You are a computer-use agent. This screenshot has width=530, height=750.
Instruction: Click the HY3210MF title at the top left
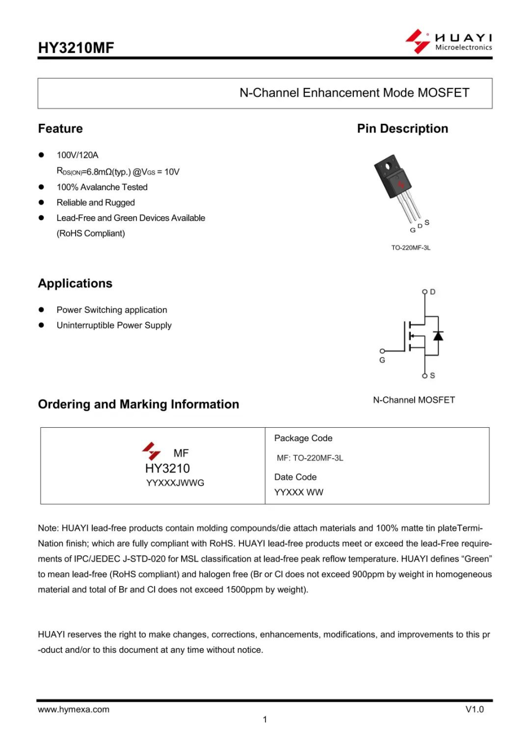[x=76, y=48]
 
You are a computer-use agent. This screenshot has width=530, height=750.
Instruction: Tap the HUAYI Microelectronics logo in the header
[x=448, y=41]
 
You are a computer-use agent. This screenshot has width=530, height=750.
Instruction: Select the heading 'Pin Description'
[x=402, y=129]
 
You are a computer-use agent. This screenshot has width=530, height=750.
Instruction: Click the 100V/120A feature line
[x=77, y=155]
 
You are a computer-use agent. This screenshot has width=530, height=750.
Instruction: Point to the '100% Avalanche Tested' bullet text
[x=102, y=187]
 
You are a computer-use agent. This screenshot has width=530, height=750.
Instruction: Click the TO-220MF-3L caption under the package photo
[x=411, y=248]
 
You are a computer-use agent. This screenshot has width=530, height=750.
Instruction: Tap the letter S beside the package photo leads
[x=427, y=222]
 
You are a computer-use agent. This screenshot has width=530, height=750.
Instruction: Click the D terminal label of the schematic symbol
[x=433, y=292]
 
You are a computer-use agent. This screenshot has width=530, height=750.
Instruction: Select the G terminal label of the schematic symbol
[x=382, y=360]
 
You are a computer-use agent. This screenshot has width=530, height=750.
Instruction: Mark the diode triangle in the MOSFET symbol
[x=438, y=335]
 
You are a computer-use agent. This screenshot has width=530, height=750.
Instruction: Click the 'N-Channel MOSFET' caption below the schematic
[x=414, y=400]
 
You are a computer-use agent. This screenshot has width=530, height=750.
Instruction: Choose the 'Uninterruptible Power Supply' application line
[x=114, y=326]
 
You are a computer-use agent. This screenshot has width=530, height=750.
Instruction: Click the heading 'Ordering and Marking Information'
[x=139, y=405]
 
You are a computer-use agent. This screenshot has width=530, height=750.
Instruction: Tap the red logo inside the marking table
[x=151, y=451]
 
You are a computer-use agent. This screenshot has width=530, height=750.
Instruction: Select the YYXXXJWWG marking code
[x=175, y=483]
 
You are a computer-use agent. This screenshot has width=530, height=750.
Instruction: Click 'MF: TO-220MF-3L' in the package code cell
[x=310, y=458]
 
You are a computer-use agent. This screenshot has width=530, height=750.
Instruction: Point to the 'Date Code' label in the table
[x=295, y=477]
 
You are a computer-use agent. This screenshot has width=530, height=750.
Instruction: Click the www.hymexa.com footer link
[x=73, y=710]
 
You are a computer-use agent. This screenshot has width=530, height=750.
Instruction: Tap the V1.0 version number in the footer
[x=474, y=710]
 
